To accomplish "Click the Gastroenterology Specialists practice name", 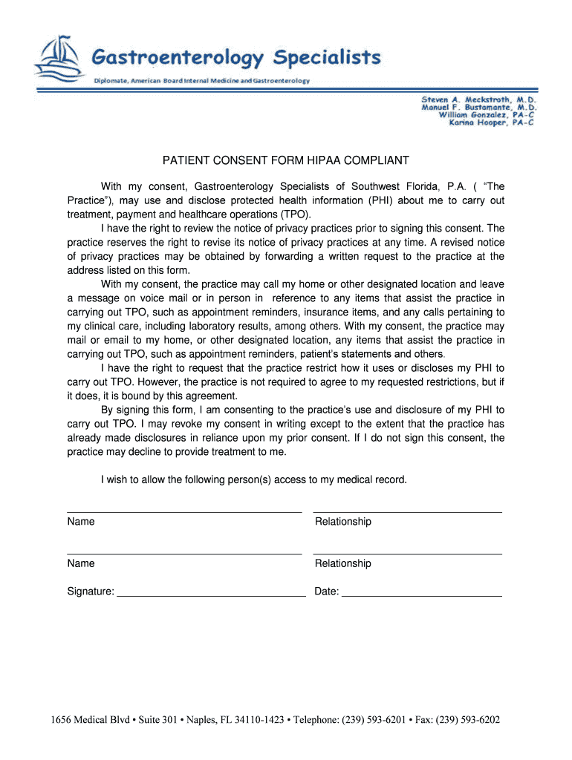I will (x=236, y=57).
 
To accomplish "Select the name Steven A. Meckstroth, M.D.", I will (x=478, y=99).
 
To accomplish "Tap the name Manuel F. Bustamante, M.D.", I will (x=478, y=107).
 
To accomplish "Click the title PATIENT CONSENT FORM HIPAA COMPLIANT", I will (x=286, y=160).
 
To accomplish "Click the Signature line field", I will (x=211, y=592).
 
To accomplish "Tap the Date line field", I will (x=421, y=592).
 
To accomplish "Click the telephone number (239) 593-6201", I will (x=367, y=720).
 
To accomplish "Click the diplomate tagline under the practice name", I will (x=201, y=80).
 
